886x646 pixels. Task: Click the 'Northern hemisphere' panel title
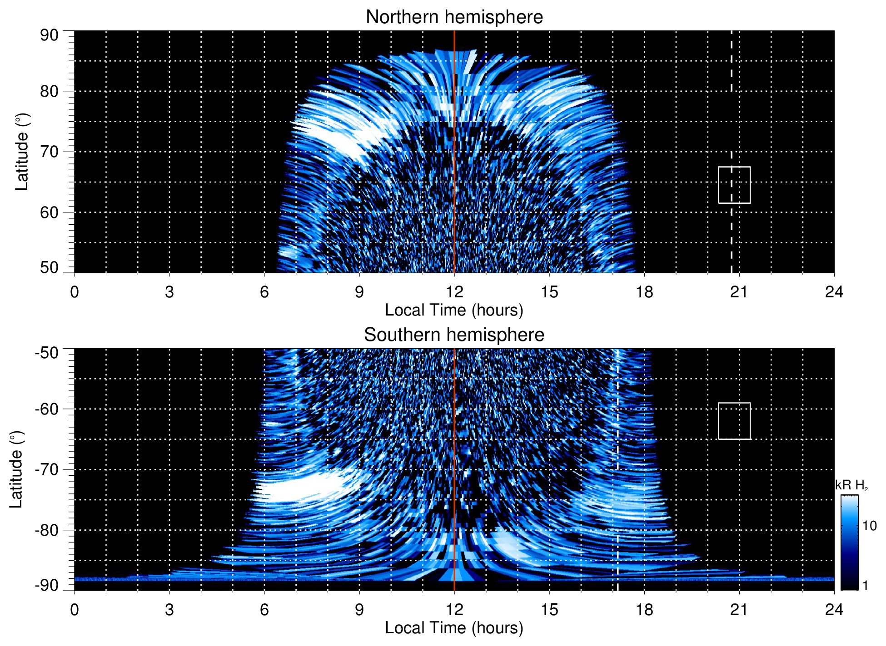(x=454, y=17)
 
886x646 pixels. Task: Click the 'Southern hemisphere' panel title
(x=454, y=335)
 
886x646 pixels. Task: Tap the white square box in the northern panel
(x=734, y=185)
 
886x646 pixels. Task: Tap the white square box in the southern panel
(x=734, y=421)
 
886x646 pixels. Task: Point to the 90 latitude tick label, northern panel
(x=49, y=35)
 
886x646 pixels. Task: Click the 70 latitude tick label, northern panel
(x=49, y=152)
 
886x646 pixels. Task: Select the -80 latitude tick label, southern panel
(x=47, y=530)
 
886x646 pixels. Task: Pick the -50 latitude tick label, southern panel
(x=47, y=353)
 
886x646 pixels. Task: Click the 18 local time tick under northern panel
(x=644, y=292)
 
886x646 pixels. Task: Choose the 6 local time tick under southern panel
(x=264, y=610)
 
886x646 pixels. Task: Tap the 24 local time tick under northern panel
(x=834, y=292)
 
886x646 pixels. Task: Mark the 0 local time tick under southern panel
(x=75, y=610)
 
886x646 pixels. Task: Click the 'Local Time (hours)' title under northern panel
(x=454, y=311)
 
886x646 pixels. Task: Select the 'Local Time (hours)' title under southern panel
(x=454, y=628)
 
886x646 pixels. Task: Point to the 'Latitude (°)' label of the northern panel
(x=22, y=152)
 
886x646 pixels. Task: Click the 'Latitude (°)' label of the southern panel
(x=16, y=469)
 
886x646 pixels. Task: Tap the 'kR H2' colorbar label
(x=851, y=485)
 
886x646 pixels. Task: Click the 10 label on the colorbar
(x=869, y=526)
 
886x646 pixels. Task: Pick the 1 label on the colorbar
(x=865, y=586)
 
